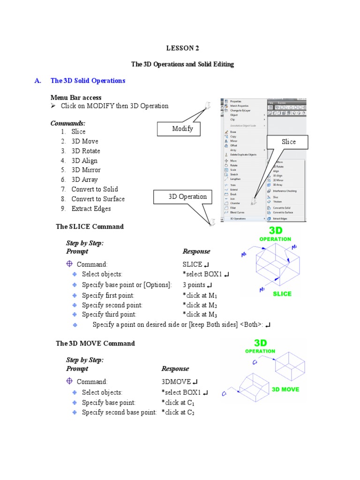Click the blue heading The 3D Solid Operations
click(x=88, y=81)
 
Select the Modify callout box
click(x=182, y=129)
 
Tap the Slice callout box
click(x=288, y=142)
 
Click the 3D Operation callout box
click(x=187, y=197)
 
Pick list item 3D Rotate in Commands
click(x=85, y=151)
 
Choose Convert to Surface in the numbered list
click(x=98, y=199)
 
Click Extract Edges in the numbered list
click(x=91, y=209)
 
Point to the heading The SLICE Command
click(x=90, y=226)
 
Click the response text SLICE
click(x=192, y=264)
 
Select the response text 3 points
click(x=194, y=285)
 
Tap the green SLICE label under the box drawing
click(x=282, y=294)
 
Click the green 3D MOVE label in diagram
click(x=285, y=389)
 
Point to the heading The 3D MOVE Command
click(x=95, y=343)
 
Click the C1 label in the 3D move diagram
click(x=225, y=395)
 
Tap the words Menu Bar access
click(x=76, y=97)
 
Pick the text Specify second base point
click(x=119, y=412)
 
